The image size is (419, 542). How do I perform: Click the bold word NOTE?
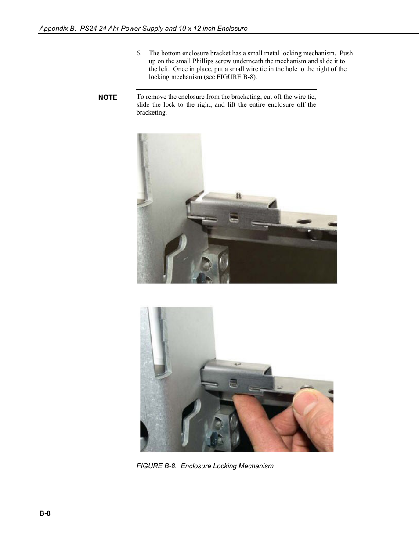[108, 97]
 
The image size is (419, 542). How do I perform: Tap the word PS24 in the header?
[88, 29]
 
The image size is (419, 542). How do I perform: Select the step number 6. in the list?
[139, 53]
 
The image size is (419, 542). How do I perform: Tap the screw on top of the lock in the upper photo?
[239, 195]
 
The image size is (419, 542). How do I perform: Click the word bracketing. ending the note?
[152, 112]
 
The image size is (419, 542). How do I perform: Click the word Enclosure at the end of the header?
[232, 29]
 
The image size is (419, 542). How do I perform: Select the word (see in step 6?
[209, 77]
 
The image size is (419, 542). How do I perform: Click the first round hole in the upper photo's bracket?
[303, 221]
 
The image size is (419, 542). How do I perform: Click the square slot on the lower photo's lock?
[233, 383]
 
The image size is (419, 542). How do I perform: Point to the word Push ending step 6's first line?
[346, 53]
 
